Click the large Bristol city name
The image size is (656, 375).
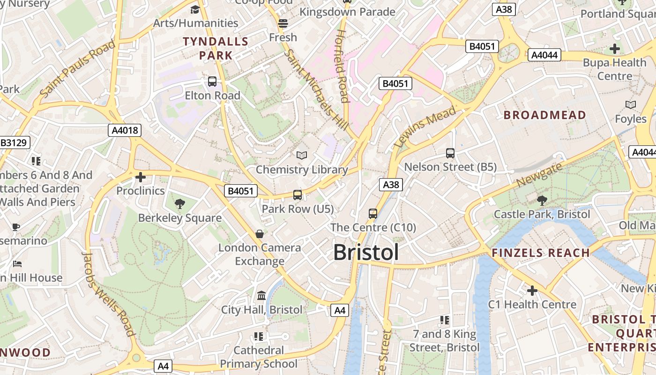(x=366, y=252)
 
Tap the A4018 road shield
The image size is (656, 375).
(x=125, y=130)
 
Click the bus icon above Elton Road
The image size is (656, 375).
(x=212, y=82)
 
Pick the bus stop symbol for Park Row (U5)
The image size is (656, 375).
(x=298, y=195)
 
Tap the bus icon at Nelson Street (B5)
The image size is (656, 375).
(x=450, y=153)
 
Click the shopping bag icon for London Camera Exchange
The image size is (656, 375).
(x=260, y=233)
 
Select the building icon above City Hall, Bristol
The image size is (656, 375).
(x=261, y=296)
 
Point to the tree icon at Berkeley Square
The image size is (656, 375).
(x=179, y=204)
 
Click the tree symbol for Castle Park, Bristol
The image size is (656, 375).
(x=542, y=201)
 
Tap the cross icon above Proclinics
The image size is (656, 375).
(x=140, y=177)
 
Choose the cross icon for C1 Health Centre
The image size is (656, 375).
(x=532, y=291)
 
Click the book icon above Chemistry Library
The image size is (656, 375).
(x=302, y=155)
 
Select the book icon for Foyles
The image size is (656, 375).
(x=631, y=105)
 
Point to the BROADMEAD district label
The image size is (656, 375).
(x=544, y=115)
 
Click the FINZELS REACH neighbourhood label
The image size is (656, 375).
(x=540, y=253)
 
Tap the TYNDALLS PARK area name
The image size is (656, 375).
(x=216, y=48)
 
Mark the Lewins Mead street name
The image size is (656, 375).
(x=425, y=127)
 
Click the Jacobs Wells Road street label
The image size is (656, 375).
(x=109, y=294)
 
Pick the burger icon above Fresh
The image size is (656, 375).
(x=283, y=23)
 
